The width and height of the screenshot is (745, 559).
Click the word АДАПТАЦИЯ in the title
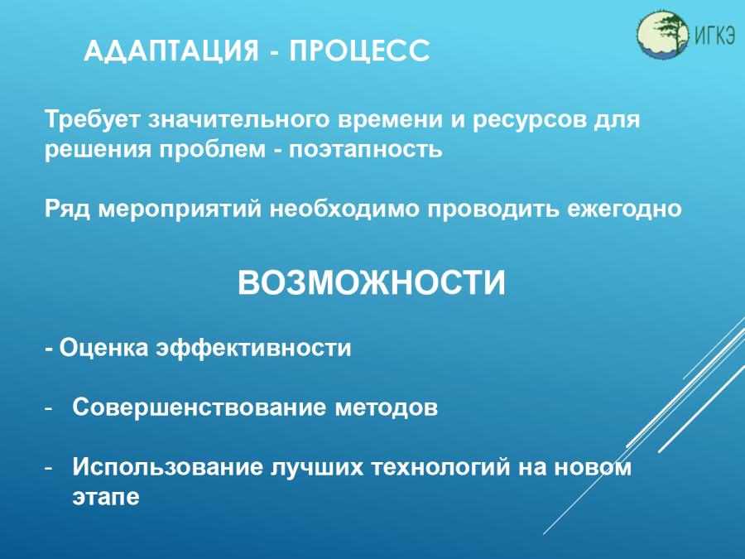pos(171,51)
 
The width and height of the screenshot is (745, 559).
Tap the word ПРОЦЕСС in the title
pos(360,51)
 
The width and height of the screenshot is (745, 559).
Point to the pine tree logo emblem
pos(663,34)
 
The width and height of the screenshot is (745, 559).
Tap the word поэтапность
pos(365,150)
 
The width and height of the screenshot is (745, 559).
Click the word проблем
pos(213,150)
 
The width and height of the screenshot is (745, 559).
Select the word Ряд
pos(67,210)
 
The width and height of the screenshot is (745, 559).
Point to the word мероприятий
pos(180,210)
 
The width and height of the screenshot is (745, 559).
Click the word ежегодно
pos(624,210)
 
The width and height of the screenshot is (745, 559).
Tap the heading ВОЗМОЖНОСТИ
pos(372,283)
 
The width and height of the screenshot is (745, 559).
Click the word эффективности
pos(254,348)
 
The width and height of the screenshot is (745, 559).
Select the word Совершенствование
pos(199,407)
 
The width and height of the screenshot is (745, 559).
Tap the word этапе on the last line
pos(106,497)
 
